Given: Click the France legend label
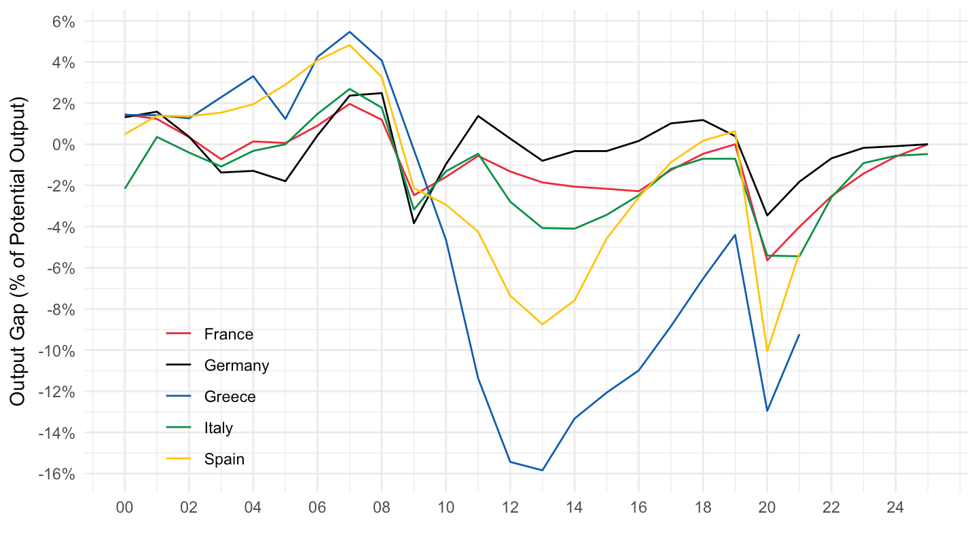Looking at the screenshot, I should (x=228, y=334).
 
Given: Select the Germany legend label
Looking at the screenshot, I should (x=236, y=365).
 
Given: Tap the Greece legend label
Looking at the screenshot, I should (x=230, y=397).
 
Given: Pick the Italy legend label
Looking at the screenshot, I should (x=218, y=428).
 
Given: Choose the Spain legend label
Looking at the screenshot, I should (x=224, y=459).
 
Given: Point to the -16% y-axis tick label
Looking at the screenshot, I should (x=56, y=474).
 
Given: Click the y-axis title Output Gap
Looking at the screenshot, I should (x=18, y=251).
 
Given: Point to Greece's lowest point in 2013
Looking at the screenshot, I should (x=542, y=470).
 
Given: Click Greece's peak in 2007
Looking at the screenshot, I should (x=350, y=32).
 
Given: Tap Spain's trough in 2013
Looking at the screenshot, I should (x=542, y=324).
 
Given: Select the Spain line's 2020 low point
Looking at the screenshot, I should (x=767, y=351).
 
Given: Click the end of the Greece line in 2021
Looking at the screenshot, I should (x=799, y=335).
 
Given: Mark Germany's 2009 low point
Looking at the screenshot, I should (x=414, y=223).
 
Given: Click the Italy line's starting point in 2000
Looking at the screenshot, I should (x=125, y=188).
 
